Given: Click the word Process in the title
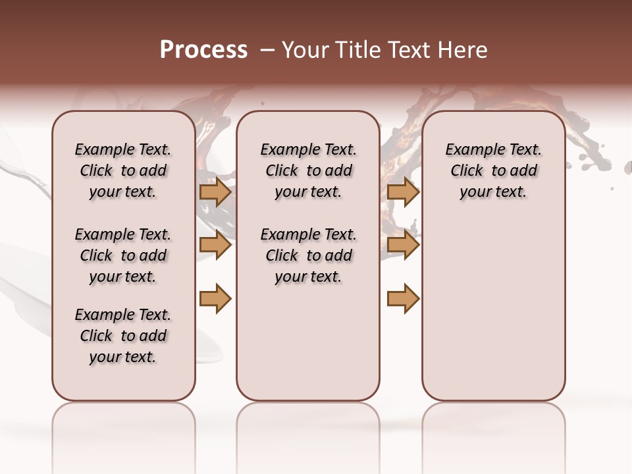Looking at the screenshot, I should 203,50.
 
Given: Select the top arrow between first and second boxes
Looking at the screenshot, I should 215,192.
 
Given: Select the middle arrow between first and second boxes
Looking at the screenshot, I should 215,246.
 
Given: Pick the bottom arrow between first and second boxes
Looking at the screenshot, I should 215,299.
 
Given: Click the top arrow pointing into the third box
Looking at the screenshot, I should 403,192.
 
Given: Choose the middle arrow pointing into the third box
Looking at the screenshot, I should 403,246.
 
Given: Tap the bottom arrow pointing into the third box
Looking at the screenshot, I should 403,299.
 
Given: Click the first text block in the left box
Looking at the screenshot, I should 123,171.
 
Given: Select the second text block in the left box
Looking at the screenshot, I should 123,255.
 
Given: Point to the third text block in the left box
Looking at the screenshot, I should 123,336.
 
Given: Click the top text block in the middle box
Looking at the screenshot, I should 308,171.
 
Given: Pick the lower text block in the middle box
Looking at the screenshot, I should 308,255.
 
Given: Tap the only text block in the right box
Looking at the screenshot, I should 493,171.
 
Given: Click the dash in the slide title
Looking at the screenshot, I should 267,50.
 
